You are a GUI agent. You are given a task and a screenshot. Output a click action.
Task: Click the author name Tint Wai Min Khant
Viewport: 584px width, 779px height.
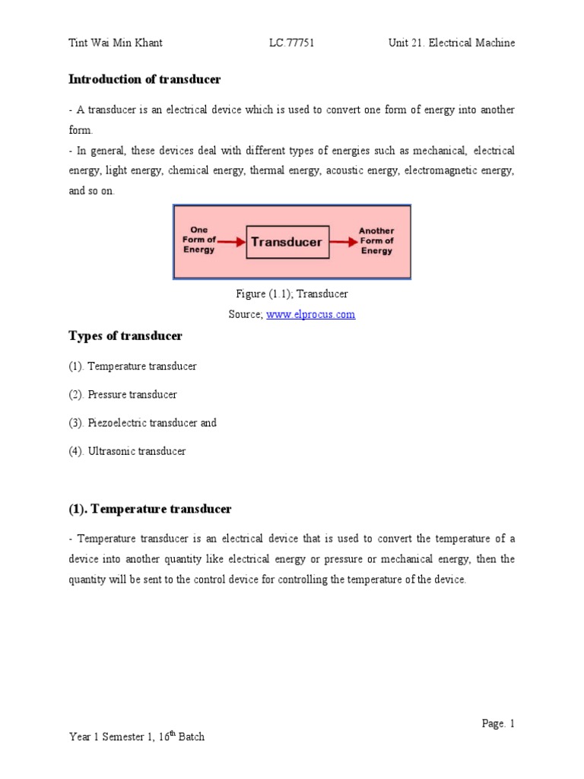point(116,43)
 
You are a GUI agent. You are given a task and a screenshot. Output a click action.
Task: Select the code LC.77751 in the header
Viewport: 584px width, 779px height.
point(291,43)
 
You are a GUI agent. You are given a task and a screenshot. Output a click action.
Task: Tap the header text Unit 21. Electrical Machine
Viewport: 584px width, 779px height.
point(451,43)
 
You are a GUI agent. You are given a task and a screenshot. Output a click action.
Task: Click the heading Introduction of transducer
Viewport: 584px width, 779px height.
point(144,79)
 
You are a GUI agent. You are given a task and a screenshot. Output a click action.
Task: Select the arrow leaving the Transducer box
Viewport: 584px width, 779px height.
point(343,243)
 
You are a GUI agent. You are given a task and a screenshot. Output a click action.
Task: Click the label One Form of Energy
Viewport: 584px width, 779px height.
point(198,240)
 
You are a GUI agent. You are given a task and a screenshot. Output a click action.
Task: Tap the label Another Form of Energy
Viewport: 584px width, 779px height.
point(377,240)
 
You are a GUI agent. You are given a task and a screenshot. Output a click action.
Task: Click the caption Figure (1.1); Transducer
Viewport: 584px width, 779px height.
point(292,294)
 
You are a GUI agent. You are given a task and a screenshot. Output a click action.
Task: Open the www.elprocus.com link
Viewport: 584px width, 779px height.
point(310,314)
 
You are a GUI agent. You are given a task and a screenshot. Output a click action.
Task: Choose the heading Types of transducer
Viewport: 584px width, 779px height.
point(125,336)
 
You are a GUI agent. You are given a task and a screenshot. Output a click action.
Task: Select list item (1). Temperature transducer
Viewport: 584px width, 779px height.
point(132,367)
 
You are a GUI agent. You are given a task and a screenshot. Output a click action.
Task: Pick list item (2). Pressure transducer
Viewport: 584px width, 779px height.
point(122,395)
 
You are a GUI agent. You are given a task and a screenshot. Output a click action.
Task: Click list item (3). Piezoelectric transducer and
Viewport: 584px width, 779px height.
point(142,423)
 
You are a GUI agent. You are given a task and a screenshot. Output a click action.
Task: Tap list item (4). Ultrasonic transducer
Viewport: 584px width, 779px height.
point(127,451)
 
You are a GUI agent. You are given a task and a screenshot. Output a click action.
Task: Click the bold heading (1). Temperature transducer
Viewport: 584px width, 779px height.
point(150,509)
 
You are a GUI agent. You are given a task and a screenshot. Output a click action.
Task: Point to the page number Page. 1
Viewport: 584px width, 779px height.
point(498,723)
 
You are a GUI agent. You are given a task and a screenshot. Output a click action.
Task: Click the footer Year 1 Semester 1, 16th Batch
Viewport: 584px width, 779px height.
point(136,736)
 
